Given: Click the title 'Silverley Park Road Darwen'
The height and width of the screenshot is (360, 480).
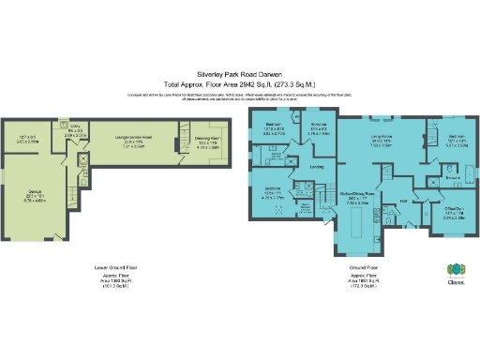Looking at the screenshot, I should pos(239,71).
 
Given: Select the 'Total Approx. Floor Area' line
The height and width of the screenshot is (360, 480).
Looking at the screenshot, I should pos(239,82).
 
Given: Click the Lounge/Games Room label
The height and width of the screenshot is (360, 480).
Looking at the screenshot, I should pos(134,137).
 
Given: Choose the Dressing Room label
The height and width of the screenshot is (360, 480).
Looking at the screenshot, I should pos(207,138).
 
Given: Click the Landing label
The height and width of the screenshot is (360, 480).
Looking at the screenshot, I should pos(318,168).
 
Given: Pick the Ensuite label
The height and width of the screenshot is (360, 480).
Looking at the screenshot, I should pos(452,175).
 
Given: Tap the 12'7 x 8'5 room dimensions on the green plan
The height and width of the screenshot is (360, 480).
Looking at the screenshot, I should pos(27,139).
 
